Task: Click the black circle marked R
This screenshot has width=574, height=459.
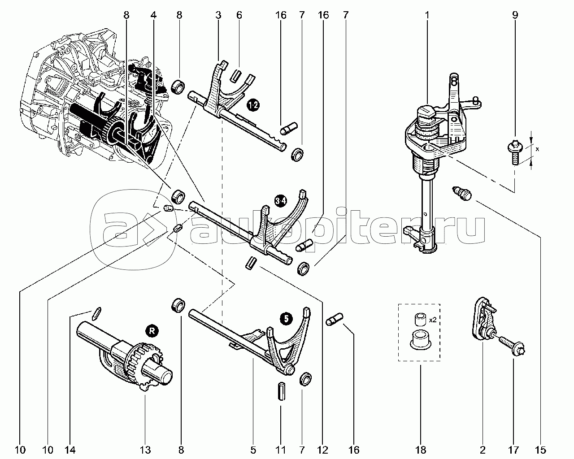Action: point(152,331)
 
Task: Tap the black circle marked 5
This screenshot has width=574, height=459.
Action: point(286,318)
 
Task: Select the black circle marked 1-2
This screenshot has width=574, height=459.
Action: point(253,105)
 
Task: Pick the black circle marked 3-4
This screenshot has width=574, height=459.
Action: point(281,200)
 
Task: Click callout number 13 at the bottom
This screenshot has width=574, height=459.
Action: point(145,450)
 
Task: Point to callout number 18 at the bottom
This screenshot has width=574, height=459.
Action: point(421,450)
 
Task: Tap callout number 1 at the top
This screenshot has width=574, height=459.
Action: point(427,15)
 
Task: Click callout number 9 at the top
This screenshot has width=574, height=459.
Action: point(515,15)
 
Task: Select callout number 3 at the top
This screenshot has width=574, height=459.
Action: point(218,15)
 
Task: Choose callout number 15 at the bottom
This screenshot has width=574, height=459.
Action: point(541,450)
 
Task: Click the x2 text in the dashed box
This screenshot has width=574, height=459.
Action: point(433,320)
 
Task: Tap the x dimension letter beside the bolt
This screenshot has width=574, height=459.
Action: point(537,149)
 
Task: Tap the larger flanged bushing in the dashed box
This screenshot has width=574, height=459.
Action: point(420,339)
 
